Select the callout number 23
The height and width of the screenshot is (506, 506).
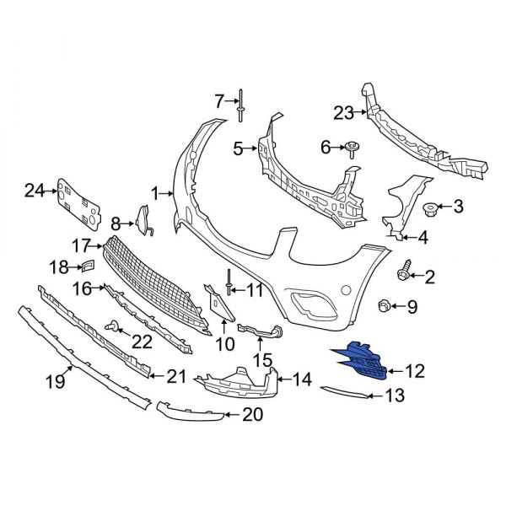343,113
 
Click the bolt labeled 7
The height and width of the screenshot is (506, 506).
241,105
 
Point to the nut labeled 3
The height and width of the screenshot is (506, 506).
429,207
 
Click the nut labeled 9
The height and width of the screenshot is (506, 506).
384,305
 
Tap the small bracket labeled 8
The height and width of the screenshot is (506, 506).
142,221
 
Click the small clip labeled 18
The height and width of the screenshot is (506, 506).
87,266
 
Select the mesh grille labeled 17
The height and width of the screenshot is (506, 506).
156,287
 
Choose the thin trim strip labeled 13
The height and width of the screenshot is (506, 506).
346,389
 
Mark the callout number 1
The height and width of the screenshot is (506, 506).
155,194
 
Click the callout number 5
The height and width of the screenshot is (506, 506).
238,149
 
